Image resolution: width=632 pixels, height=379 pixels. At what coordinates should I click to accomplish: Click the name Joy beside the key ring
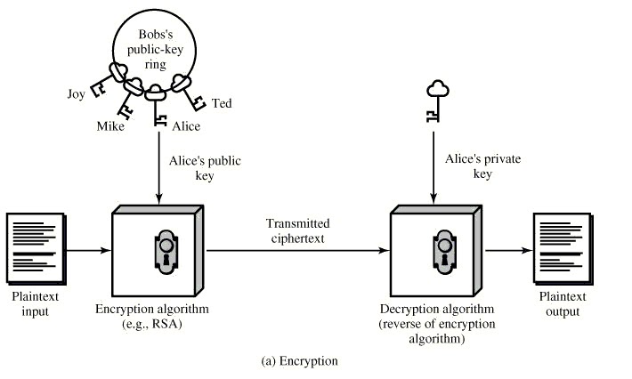[x=76, y=92]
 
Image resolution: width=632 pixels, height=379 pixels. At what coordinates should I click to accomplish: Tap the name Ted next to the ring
[x=222, y=103]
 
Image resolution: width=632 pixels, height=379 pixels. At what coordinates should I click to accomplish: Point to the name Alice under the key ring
[x=186, y=126]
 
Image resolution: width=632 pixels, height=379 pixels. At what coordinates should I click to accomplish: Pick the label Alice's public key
[x=199, y=168]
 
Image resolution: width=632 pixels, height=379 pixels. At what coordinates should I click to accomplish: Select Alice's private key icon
[x=435, y=101]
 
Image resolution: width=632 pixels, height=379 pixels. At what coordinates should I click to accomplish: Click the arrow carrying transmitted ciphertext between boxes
[x=298, y=250]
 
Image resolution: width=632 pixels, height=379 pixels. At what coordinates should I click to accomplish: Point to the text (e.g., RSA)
[x=158, y=325]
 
